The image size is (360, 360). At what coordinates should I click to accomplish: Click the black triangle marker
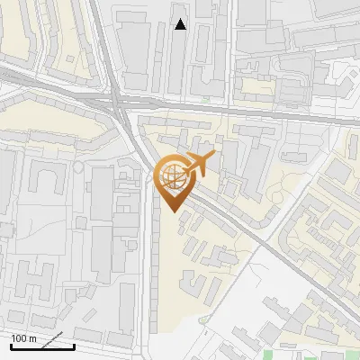pos(181,24)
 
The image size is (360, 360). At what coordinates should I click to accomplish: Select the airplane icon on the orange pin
pos(199,165)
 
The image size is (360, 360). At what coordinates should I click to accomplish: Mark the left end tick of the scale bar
pos(11,345)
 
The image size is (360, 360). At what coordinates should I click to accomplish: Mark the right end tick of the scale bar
pos(74,345)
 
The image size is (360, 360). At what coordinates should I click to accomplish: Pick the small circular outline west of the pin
pos(80,167)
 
